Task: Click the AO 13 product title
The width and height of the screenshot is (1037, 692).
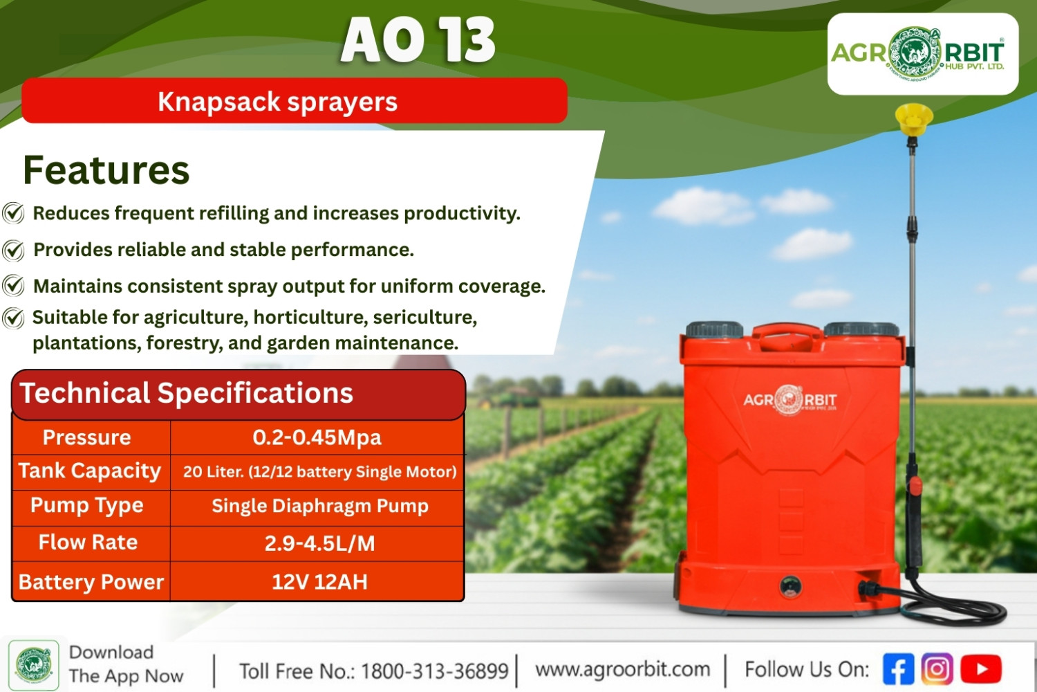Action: point(418,40)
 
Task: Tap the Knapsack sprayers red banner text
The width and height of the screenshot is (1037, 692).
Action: point(277,102)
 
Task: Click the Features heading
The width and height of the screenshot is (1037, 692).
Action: point(106,170)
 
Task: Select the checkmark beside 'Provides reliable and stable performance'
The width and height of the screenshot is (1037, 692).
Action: point(13,251)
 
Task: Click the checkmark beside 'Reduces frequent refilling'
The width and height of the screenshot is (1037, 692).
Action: point(13,213)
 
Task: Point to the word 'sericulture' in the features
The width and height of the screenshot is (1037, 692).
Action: point(424,318)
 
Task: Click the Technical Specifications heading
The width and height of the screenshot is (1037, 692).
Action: point(186,393)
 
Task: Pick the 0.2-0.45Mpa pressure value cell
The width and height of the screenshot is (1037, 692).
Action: point(317,437)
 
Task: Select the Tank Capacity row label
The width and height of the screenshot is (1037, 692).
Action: point(90,471)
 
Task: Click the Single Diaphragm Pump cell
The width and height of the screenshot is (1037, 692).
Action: point(320,506)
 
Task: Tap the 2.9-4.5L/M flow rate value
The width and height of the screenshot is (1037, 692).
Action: point(320,543)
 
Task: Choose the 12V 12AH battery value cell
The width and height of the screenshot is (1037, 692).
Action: point(319,582)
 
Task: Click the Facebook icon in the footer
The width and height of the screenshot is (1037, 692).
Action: point(899,669)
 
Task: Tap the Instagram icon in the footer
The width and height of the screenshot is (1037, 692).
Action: point(937,669)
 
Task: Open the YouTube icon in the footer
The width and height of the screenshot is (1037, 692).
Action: point(981,669)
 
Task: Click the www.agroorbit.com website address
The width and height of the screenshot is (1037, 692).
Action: point(623,670)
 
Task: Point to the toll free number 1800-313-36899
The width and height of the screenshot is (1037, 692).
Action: point(435,671)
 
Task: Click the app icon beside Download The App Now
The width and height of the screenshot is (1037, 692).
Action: point(34,666)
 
